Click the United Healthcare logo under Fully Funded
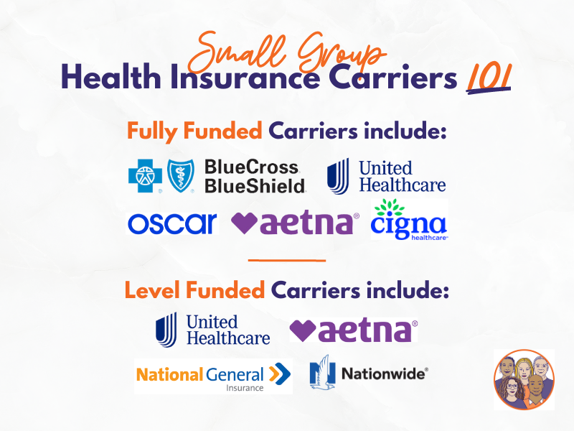pyautogui.click(x=386, y=177)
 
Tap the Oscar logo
pyautogui.click(x=171, y=223)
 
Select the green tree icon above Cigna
pyautogui.click(x=392, y=208)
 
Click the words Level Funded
pyautogui.click(x=194, y=291)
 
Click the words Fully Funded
pyautogui.click(x=194, y=131)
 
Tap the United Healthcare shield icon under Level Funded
pyautogui.click(x=166, y=330)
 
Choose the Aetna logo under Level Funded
pyautogui.click(x=354, y=330)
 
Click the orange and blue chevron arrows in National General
pyautogui.click(x=279, y=374)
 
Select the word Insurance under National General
pyautogui.click(x=243, y=388)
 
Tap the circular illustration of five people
pyautogui.click(x=524, y=379)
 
